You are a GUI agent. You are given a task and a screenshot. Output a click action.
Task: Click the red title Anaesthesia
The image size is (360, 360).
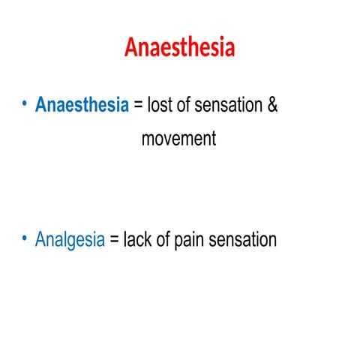point(180,46)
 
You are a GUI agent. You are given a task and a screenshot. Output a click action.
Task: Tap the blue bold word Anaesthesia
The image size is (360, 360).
point(82,105)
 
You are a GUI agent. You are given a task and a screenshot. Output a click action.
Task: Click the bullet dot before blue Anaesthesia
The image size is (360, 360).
point(24,105)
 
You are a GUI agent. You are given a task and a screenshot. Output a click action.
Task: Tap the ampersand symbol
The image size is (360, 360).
point(272,105)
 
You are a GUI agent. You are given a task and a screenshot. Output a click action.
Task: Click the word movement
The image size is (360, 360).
point(178,139)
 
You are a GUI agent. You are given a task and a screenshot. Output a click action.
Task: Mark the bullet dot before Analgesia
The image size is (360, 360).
point(24,240)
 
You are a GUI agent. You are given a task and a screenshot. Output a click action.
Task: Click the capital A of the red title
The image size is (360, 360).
point(132,46)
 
